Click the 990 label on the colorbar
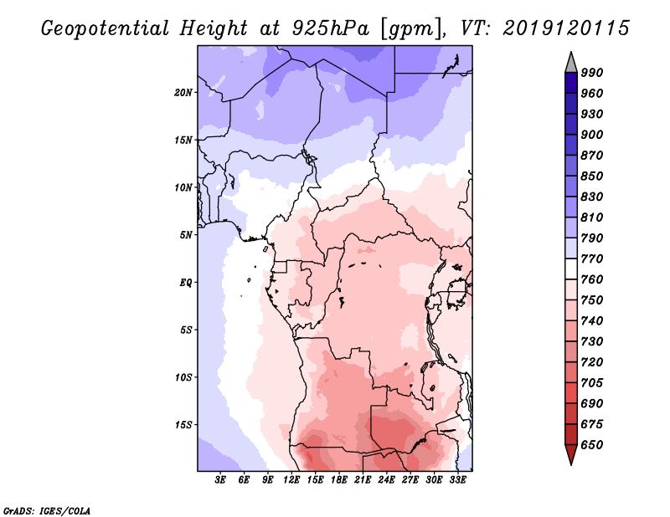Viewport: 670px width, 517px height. [592, 73]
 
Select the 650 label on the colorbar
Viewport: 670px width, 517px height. [592, 445]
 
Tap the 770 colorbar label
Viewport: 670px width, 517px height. [592, 258]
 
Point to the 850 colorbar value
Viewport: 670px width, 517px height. [592, 176]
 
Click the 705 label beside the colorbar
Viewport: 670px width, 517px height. [592, 383]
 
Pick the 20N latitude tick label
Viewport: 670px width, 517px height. [183, 93]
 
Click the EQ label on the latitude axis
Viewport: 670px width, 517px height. [186, 283]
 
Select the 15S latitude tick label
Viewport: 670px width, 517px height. [183, 425]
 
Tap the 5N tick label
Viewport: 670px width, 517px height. [186, 235]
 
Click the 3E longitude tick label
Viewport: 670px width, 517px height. [220, 480]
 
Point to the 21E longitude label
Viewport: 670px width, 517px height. [363, 480]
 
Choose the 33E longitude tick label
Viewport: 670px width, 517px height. [457, 480]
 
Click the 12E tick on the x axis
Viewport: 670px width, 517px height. [291, 480]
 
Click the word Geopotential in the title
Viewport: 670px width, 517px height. [106, 29]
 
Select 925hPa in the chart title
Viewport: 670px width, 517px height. [330, 28]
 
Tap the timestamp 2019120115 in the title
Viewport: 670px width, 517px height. [566, 28]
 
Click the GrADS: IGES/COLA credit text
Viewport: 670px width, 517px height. [47, 511]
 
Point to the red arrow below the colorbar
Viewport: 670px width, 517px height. [571, 454]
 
